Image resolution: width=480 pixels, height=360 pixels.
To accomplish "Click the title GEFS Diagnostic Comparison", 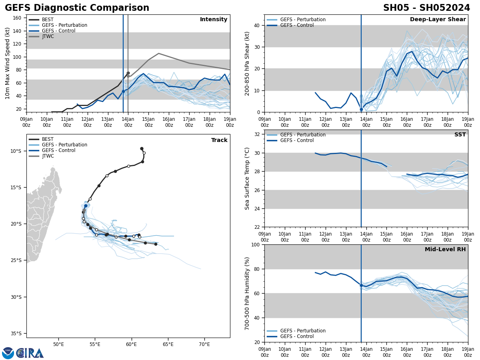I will coord(77,8).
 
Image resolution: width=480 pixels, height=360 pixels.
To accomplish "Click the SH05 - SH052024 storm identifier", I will coord(426,8).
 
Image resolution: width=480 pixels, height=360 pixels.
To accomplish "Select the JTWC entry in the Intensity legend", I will coord(48,36).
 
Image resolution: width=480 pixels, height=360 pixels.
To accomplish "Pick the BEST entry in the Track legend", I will coord(48,139).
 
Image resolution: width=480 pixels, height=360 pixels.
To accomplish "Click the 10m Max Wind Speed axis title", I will coord(8,63).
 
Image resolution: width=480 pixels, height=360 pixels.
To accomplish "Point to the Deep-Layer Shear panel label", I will coord(438,20).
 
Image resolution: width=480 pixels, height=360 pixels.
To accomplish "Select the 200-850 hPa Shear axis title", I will coord(247,63).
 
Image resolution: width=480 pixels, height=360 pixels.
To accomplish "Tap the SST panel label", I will coord(460,135).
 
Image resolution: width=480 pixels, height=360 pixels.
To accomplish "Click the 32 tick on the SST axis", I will coord(257,134).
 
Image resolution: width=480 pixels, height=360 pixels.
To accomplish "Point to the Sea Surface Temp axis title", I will coord(247,178).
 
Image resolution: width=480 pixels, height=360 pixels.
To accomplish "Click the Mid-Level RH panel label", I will coord(445,250).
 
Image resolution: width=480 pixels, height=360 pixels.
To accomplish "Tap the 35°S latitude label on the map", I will coord(16,333).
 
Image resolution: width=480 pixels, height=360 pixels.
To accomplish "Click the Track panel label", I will coord(219,140).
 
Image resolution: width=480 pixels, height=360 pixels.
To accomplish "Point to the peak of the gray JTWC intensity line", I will coord(158,53).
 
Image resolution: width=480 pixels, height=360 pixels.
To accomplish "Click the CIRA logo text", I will coord(30,353).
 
